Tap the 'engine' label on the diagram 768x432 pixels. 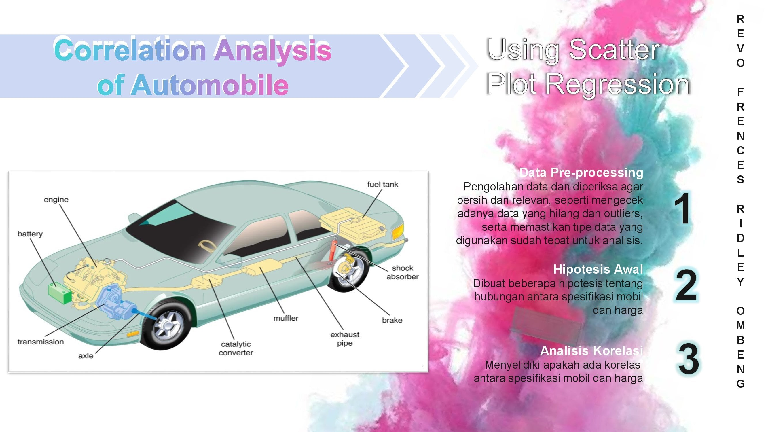56,200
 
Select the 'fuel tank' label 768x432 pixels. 382,184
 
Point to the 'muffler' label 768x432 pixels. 286,318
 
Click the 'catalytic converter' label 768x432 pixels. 236,348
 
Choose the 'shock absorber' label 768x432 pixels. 403,272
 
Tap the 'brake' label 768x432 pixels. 392,320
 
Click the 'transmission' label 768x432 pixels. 41,342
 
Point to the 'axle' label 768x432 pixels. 86,356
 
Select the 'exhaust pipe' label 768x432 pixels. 345,339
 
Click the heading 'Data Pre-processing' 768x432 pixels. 581,172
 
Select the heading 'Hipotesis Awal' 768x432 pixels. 598,269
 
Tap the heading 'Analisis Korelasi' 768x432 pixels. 591,350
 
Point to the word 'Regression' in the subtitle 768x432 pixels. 617,85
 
